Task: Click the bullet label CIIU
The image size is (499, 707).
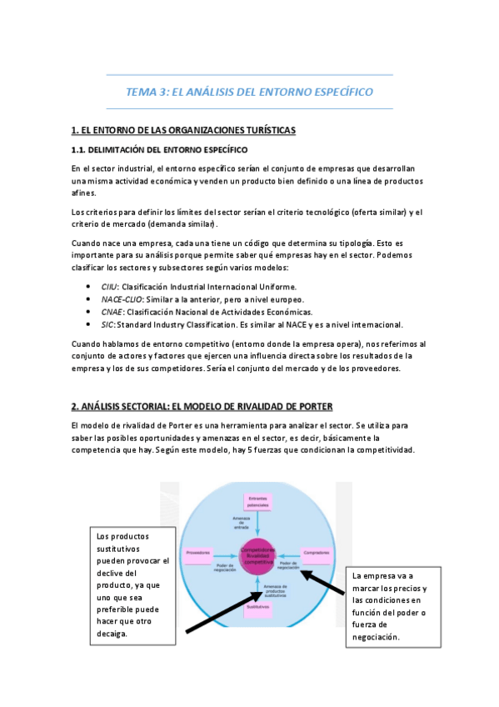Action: point(110,286)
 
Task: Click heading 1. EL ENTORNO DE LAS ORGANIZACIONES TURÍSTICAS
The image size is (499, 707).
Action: point(183,131)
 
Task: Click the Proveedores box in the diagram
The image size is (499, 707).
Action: point(198,553)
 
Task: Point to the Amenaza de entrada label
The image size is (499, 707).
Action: point(241,522)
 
